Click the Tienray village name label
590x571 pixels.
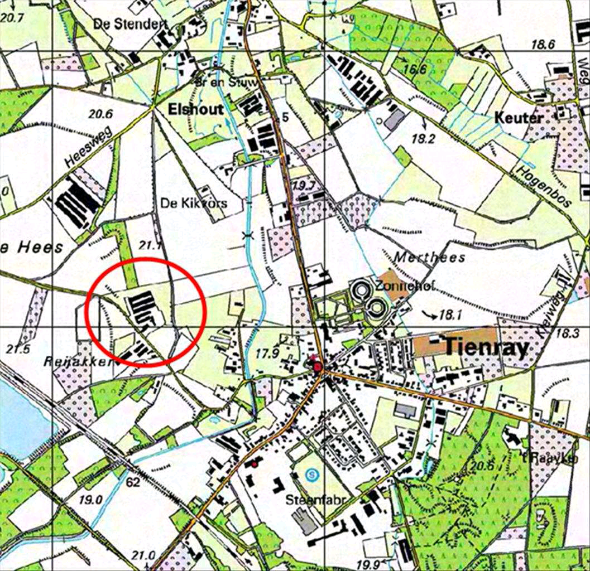tap(486, 347)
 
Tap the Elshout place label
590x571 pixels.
tap(195, 109)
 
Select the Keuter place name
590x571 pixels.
tap(519, 118)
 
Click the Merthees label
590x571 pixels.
tap(429, 257)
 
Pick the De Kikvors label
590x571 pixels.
tap(194, 203)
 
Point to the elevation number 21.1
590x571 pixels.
tap(152, 244)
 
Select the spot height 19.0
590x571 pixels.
tap(90, 500)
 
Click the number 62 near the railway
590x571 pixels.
tap(133, 482)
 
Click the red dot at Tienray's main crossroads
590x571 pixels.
tap(318, 367)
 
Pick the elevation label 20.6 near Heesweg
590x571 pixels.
tap(100, 114)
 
